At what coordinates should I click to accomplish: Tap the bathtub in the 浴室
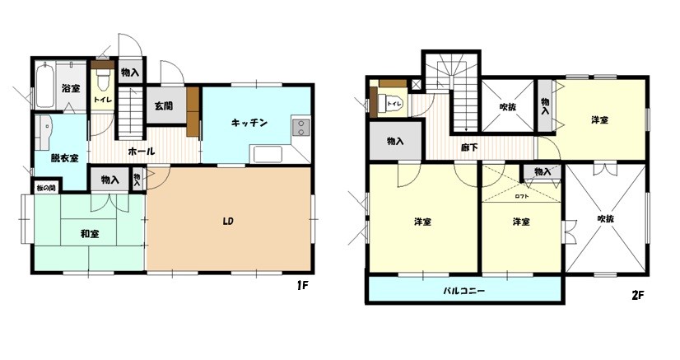44,86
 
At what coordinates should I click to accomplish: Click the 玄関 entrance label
163,105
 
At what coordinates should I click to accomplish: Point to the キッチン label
249,123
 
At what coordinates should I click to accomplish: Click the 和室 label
91,233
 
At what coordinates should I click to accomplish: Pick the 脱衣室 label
64,157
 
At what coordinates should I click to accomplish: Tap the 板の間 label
46,189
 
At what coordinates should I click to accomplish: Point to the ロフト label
522,196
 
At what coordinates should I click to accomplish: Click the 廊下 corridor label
469,148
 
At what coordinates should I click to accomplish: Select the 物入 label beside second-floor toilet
395,141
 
